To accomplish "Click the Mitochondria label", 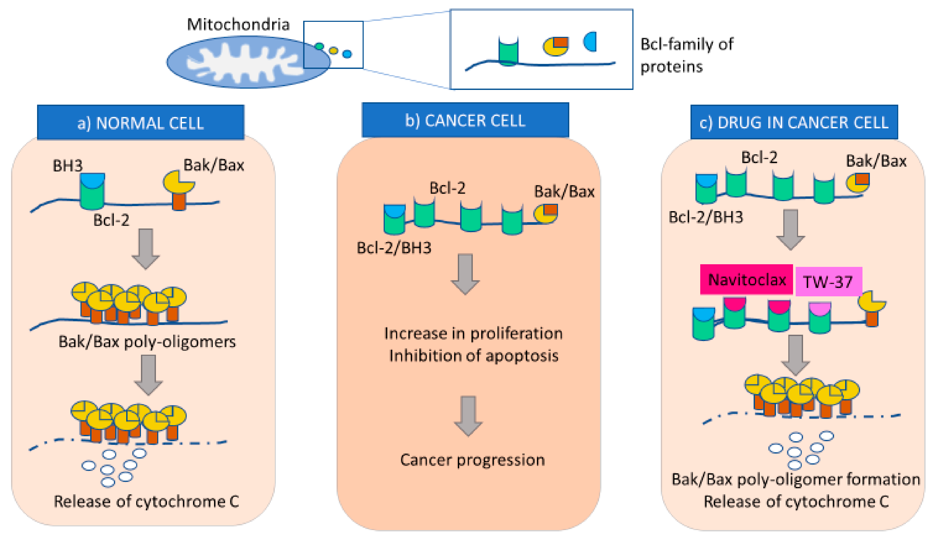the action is click(x=238, y=25).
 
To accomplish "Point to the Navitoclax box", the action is click(x=746, y=279).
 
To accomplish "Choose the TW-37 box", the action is click(x=829, y=282).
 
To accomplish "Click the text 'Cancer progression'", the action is click(x=473, y=460).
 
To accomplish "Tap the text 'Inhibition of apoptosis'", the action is click(x=474, y=356).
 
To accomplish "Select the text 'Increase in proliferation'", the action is click(x=473, y=333).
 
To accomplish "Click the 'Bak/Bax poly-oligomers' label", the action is click(x=147, y=342).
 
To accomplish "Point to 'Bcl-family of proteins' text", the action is click(x=687, y=55).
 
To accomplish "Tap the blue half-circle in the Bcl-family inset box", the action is click(x=591, y=42).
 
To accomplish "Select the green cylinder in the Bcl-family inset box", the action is click(x=508, y=51).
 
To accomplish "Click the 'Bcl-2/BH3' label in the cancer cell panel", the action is click(x=394, y=248).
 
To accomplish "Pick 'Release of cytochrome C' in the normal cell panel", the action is click(x=146, y=501).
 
